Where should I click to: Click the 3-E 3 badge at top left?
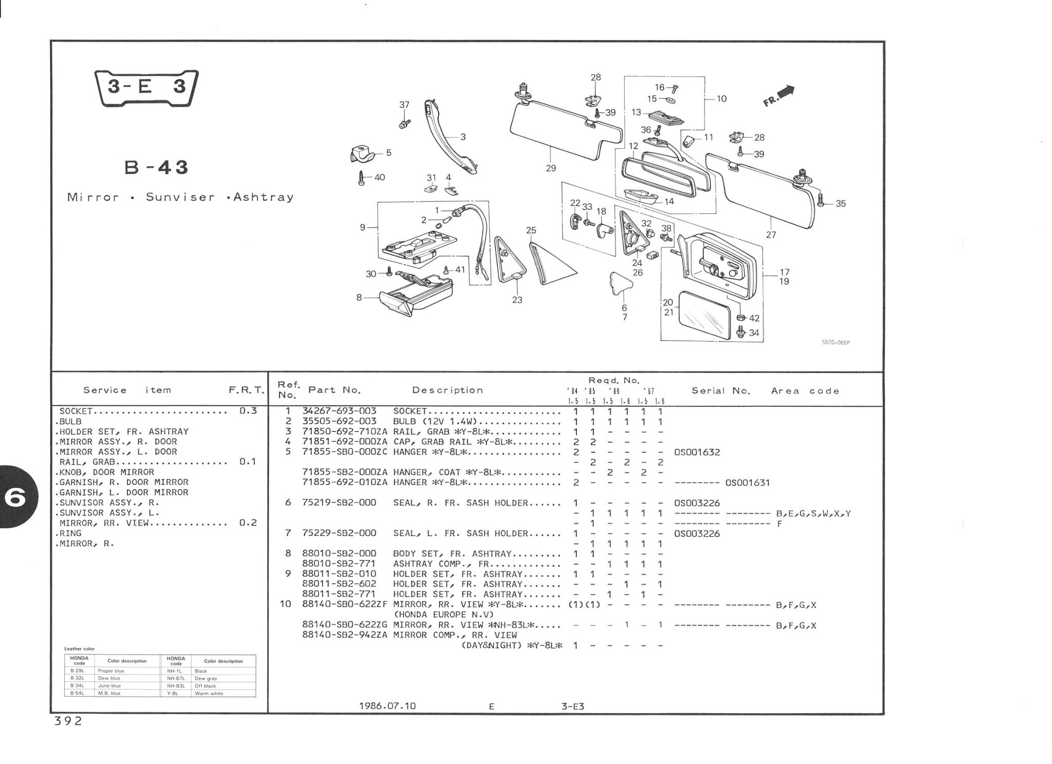(x=147, y=87)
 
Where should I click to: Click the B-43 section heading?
(x=157, y=167)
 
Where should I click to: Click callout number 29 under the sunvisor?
(x=551, y=168)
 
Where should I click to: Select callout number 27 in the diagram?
(x=771, y=234)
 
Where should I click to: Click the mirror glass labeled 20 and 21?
(x=704, y=316)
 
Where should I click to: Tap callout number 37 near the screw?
(x=404, y=105)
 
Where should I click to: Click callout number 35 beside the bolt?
(x=840, y=203)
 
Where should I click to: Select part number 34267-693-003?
(x=339, y=411)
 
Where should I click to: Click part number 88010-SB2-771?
(x=339, y=564)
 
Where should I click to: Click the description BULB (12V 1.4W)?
(x=435, y=421)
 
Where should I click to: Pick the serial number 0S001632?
(x=697, y=452)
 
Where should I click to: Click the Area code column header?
(x=805, y=391)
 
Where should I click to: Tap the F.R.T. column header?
(x=246, y=390)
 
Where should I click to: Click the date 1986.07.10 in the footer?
(x=387, y=706)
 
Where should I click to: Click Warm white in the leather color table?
(x=209, y=694)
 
